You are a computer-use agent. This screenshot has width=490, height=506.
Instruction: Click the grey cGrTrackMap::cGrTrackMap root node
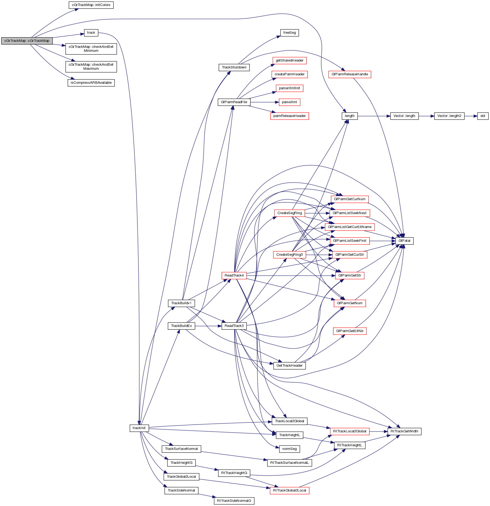point(27,41)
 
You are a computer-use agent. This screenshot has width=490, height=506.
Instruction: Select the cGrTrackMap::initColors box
point(91,5)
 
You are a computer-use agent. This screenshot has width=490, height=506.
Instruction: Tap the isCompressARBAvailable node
point(91,83)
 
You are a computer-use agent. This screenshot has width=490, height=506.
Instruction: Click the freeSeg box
point(289,33)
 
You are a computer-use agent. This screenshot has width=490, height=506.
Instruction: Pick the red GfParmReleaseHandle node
point(350,74)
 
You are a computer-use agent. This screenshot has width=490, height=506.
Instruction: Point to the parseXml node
point(289,102)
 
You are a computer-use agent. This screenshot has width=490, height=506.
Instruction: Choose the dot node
point(483,116)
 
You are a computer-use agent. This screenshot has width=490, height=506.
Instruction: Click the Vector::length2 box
point(449,116)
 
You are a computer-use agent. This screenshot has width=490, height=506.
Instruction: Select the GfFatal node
point(404,241)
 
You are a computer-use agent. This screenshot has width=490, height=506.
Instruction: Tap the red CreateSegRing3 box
point(289,255)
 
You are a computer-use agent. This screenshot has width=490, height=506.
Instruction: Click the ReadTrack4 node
point(234,275)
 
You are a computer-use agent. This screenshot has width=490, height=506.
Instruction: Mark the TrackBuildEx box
point(181,326)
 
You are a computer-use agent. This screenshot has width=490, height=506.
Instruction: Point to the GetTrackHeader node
point(289,366)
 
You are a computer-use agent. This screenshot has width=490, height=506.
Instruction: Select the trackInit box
point(139,428)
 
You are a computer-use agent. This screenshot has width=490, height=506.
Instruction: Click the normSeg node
point(289,449)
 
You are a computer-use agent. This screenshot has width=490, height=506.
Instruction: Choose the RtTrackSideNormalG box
point(234,501)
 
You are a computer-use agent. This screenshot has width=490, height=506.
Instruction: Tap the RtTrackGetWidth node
point(404,431)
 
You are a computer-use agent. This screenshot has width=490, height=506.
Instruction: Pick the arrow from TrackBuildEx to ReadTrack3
point(208,326)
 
